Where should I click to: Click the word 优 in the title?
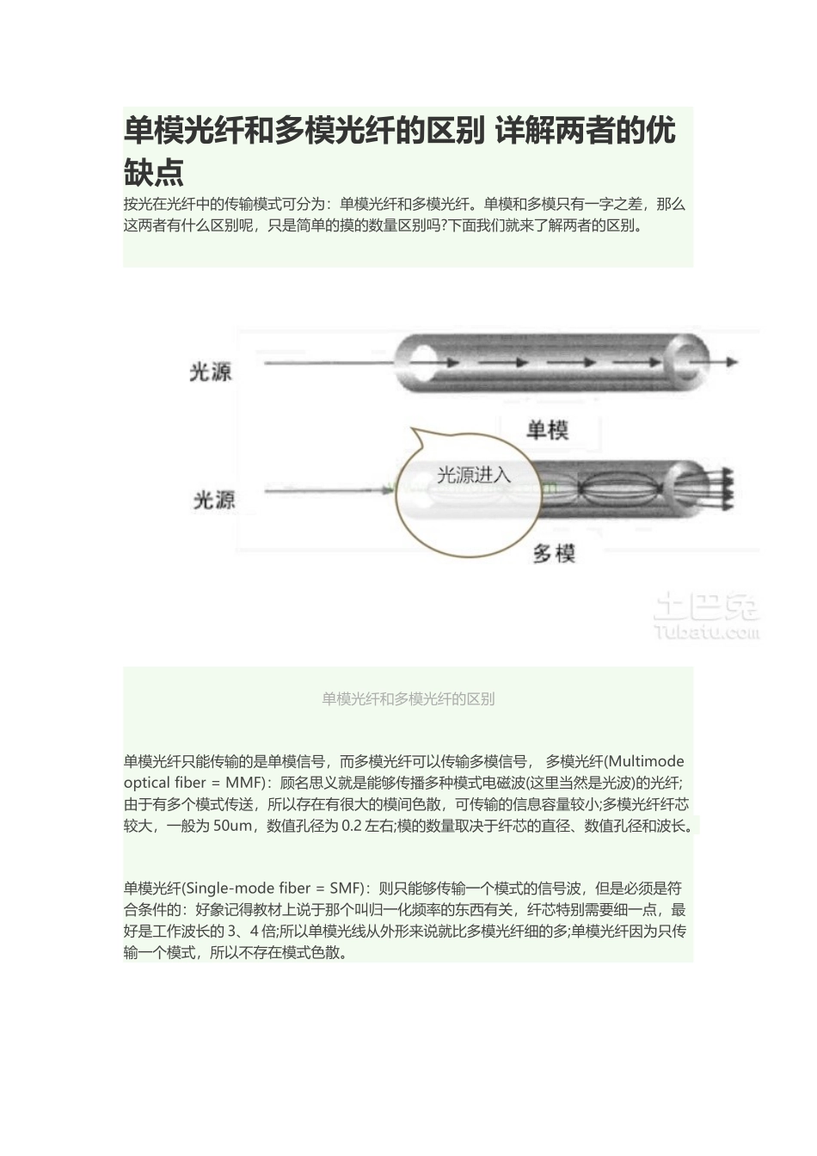[x=660, y=131]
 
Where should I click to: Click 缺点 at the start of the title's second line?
[x=154, y=171]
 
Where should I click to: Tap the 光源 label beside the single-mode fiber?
[x=211, y=372]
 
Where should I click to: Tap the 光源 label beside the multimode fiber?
[x=214, y=500]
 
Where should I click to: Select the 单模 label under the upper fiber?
[x=547, y=429]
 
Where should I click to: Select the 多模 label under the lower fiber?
[x=554, y=554]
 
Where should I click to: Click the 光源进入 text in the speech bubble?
[x=474, y=475]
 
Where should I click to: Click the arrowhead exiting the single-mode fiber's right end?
[x=730, y=362]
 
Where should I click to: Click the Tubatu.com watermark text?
[x=706, y=633]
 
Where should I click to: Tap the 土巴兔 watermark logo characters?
[x=706, y=606]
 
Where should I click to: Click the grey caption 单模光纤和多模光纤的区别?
[x=408, y=698]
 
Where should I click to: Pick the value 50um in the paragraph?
[x=233, y=826]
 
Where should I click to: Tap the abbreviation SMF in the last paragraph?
[x=344, y=889]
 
